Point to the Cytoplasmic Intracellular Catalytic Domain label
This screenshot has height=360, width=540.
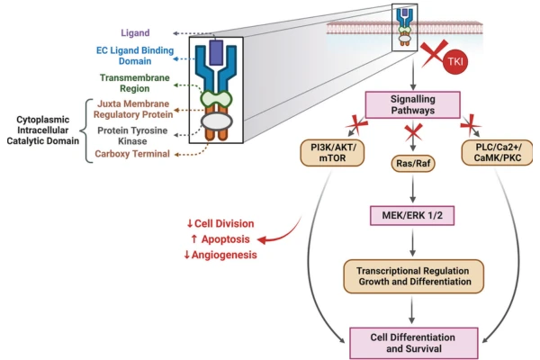pos(42,130)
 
